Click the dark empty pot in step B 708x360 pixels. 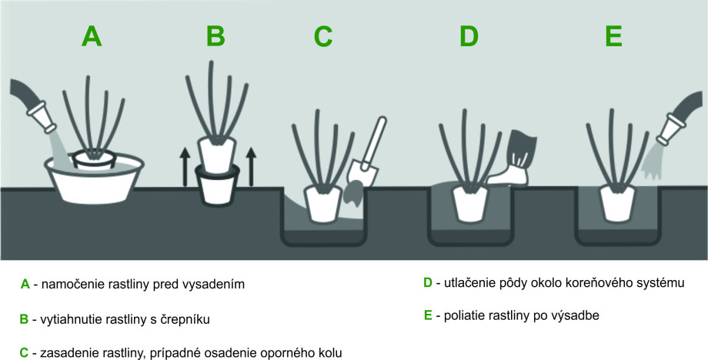[216, 186]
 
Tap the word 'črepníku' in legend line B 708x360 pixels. [185, 318]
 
